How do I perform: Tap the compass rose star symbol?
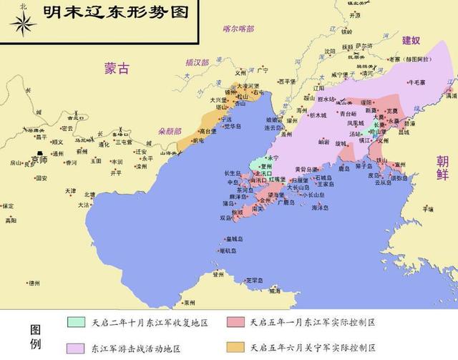[x=23, y=25]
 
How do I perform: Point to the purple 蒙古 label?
[x=117, y=69]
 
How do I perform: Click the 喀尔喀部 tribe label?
[x=238, y=29]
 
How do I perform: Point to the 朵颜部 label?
[x=170, y=112]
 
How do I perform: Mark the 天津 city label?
[x=70, y=192]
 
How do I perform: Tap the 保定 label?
[x=8, y=206]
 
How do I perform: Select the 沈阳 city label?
[x=328, y=52]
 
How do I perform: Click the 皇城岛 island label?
[x=233, y=239]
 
